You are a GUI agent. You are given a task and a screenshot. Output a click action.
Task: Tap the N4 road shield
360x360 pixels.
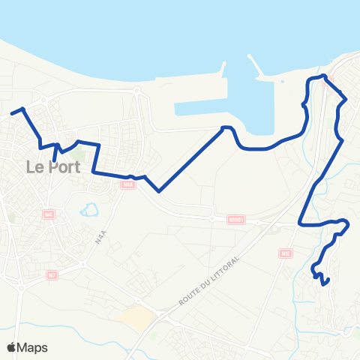[x=49, y=215]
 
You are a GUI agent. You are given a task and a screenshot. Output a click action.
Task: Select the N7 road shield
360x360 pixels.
[x=52, y=275]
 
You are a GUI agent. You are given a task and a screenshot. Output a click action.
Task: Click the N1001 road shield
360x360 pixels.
[x=237, y=220]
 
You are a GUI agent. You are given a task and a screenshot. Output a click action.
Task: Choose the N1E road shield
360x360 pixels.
[x=286, y=253]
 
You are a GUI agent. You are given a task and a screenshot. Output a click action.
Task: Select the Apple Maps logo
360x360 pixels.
[x=27, y=347]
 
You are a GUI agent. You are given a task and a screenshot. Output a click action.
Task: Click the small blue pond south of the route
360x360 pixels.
[x=91, y=208]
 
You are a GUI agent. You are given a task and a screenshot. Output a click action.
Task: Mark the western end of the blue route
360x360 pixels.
[x=11, y=115]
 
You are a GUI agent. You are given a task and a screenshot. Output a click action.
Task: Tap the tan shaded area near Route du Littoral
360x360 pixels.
[x=136, y=317]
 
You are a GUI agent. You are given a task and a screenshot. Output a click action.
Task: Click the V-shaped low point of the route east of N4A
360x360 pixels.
[x=159, y=191]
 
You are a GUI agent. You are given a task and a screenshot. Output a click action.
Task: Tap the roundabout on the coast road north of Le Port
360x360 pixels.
[x=136, y=91]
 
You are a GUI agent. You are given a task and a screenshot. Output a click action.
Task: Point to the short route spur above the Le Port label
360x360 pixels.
[x=55, y=153]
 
